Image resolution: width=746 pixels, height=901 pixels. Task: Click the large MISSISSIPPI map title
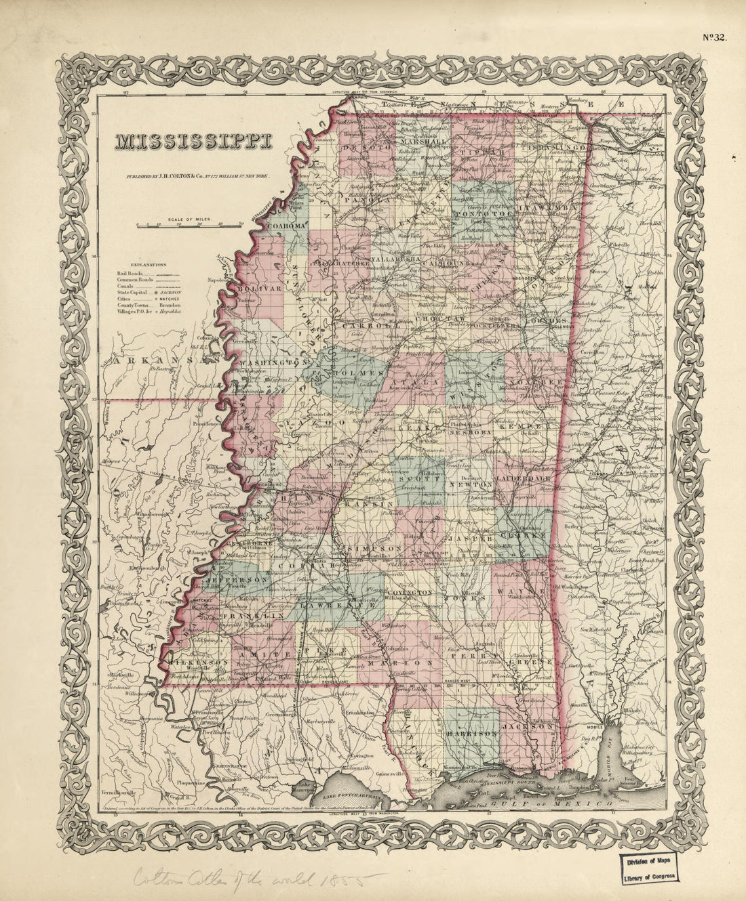(x=193, y=142)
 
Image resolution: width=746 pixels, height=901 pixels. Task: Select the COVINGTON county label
(x=410, y=592)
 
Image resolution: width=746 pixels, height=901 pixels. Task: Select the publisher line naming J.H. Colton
(x=201, y=175)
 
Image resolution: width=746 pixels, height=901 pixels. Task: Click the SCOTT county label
(x=415, y=476)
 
